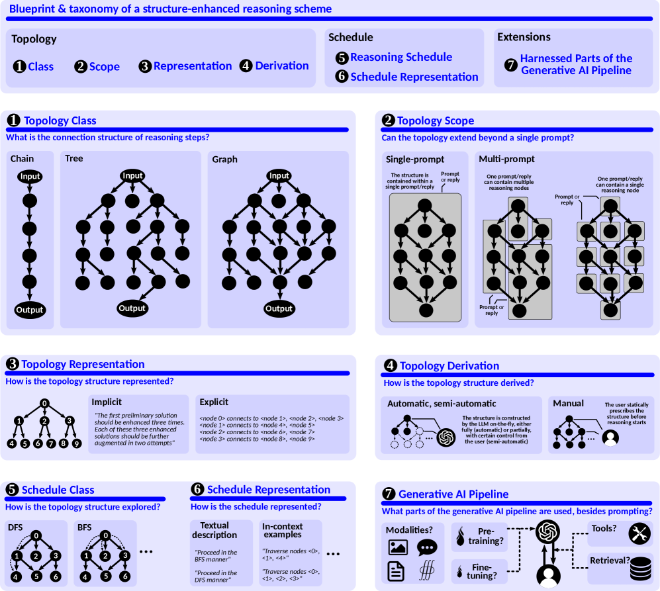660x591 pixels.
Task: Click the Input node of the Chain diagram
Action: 30,177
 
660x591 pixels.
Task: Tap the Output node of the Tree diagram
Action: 132,308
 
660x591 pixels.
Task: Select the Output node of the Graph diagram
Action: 279,308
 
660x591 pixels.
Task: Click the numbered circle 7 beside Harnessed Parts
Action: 510,64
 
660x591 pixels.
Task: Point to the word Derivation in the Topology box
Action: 282,66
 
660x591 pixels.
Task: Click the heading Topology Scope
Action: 436,121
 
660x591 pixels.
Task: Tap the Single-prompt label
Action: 415,159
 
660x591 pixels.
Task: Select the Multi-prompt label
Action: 507,159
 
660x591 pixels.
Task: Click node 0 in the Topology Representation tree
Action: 44,403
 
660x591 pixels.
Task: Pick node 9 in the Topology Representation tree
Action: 77,443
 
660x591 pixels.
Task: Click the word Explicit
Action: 214,402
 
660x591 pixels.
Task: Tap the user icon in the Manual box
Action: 610,437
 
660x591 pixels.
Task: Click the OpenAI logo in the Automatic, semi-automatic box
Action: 446,437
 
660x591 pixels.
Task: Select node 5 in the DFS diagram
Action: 36,576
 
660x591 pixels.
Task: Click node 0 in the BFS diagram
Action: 106,535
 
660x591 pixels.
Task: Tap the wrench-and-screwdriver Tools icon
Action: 639,533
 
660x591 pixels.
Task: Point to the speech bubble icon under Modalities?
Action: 427,547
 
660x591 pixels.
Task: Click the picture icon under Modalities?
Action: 397,547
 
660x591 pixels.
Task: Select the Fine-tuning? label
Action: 482,571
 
